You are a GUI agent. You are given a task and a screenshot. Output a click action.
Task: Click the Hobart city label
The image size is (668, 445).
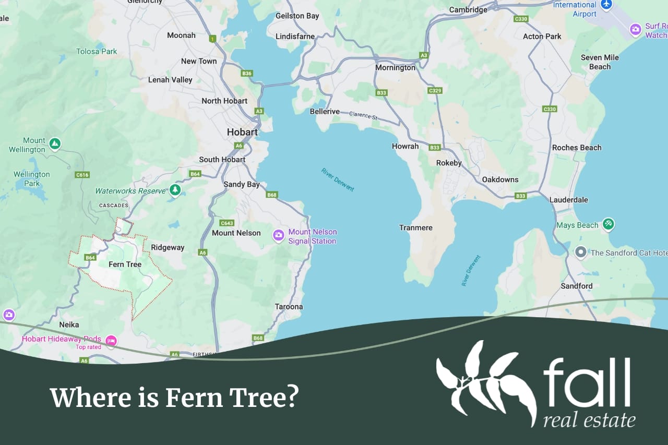(x=242, y=133)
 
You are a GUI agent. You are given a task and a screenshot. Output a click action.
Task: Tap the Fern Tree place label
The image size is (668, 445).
(x=125, y=264)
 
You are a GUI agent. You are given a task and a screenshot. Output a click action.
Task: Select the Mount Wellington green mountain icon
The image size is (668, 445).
(x=55, y=143)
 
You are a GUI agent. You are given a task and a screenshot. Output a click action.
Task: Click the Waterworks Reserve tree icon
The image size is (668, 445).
(x=175, y=190)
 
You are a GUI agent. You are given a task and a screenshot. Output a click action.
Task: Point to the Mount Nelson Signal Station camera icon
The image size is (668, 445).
(x=279, y=236)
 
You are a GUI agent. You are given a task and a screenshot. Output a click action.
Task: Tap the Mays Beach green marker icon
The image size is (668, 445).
(x=608, y=224)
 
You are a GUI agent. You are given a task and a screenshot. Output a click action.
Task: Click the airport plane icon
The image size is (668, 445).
(x=606, y=5)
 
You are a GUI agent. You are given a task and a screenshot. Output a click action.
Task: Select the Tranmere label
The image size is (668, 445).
(x=416, y=228)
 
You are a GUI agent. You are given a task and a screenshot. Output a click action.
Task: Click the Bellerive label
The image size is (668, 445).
(x=324, y=112)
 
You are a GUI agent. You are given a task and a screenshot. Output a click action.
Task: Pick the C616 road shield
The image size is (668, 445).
(x=82, y=175)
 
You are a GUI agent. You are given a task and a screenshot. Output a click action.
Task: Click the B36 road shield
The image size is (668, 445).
(x=247, y=74)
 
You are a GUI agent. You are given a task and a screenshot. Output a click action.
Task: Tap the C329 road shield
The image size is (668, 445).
(x=435, y=91)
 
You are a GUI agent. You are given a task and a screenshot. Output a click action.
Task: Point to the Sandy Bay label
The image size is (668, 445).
(x=241, y=184)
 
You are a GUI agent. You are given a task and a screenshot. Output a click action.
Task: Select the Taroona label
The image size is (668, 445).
(x=289, y=307)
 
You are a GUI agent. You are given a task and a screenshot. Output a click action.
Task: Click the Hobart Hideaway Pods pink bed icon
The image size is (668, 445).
(x=111, y=340)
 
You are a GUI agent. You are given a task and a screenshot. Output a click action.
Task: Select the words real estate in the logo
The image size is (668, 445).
(x=589, y=419)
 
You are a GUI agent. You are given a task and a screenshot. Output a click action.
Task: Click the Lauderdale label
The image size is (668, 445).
(x=568, y=200)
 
